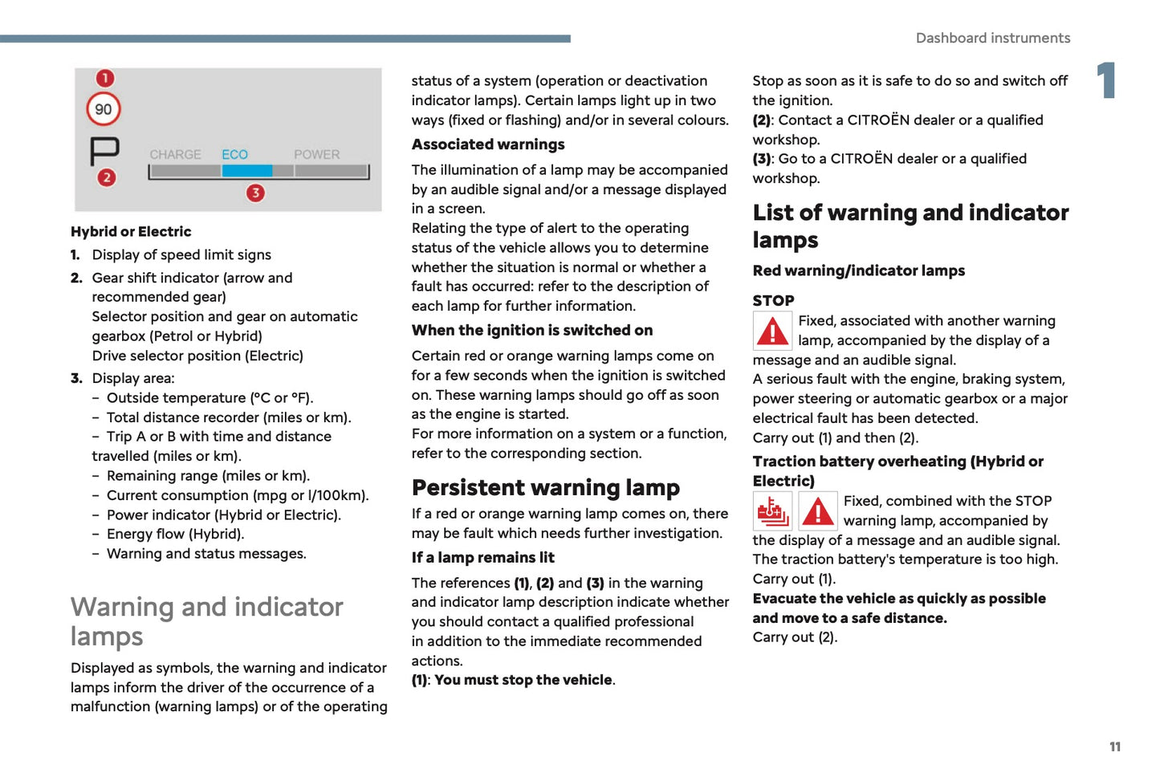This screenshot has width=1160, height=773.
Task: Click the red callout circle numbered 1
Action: pyautogui.click(x=105, y=78)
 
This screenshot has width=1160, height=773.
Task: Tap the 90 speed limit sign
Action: pyautogui.click(x=104, y=109)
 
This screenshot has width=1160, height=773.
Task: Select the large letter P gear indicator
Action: pyautogui.click(x=104, y=150)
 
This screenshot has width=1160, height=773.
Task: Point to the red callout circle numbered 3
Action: pyautogui.click(x=255, y=193)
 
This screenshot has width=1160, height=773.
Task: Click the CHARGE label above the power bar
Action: pyautogui.click(x=175, y=154)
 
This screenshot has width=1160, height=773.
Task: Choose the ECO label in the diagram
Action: pyautogui.click(x=234, y=154)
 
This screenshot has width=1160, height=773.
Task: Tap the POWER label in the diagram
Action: pyautogui.click(x=316, y=154)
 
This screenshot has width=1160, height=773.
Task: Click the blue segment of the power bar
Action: pyautogui.click(x=246, y=171)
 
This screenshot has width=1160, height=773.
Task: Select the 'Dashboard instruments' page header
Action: pyautogui.click(x=992, y=38)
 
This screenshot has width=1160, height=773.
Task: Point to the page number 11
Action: pyautogui.click(x=1114, y=747)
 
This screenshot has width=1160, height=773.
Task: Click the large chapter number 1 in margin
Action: pyautogui.click(x=1107, y=80)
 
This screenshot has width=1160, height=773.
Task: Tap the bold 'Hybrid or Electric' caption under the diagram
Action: pyautogui.click(x=131, y=231)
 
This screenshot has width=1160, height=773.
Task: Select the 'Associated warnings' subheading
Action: pyautogui.click(x=488, y=144)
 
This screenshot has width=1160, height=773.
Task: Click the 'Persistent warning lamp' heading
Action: pyautogui.click(x=545, y=487)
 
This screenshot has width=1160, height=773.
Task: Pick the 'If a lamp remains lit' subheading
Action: pyautogui.click(x=482, y=557)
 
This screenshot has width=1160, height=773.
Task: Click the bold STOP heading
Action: pyautogui.click(x=773, y=300)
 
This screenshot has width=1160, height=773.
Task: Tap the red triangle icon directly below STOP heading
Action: pyautogui.click(x=773, y=331)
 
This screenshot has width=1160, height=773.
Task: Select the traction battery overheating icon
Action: pyautogui.click(x=772, y=511)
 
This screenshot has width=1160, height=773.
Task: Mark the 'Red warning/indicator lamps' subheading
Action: pyautogui.click(x=858, y=271)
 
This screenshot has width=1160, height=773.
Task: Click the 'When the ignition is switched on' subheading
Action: pyautogui.click(x=531, y=330)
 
